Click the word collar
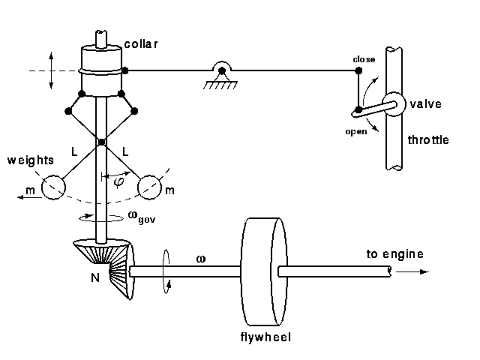tap(141, 44)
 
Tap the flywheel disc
tap(257, 270)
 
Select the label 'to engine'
tap(394, 254)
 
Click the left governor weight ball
tap(53, 187)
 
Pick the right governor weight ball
tap(149, 187)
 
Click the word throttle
tap(428, 140)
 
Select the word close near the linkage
tap(364, 58)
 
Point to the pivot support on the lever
tap(222, 73)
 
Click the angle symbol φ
tap(119, 180)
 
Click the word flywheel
tap(265, 337)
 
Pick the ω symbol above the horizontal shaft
tap(200, 258)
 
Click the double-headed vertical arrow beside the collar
tap(50, 70)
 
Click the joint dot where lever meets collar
tap(125, 70)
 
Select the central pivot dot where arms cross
tap(101, 142)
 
